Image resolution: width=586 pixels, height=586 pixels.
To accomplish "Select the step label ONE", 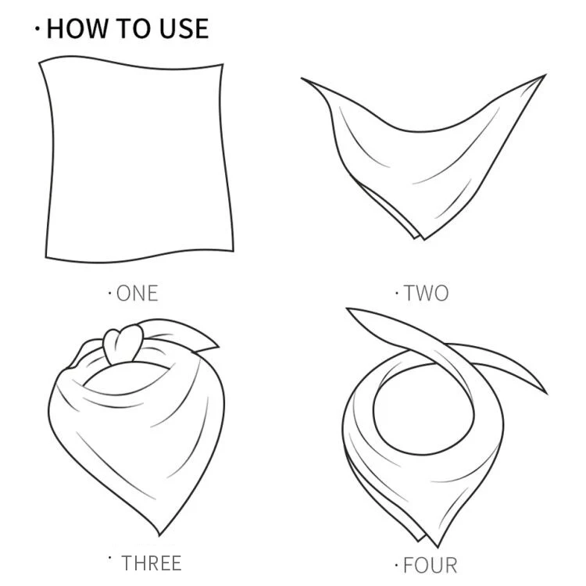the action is pyautogui.click(x=138, y=293).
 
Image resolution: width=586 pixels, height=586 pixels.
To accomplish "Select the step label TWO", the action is pyautogui.click(x=426, y=293).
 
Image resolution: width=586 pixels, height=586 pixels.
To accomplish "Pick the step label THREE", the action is pyautogui.click(x=152, y=563).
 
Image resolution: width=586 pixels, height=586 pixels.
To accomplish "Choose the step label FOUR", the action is pyautogui.click(x=431, y=566).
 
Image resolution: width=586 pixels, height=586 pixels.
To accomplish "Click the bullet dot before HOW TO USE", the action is pyautogui.click(x=37, y=28).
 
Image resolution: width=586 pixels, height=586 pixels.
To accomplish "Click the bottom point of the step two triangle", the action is pyautogui.click(x=423, y=239).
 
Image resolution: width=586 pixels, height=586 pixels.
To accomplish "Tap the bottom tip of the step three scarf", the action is pyautogui.click(x=159, y=534).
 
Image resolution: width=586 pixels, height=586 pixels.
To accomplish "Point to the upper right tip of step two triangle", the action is pyautogui.click(x=545, y=75).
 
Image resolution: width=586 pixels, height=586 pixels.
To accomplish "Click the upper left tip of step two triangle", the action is pyautogui.click(x=302, y=78).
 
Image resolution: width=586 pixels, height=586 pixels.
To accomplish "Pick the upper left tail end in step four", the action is pyautogui.click(x=348, y=309).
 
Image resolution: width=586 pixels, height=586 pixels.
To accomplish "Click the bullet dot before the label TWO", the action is pyautogui.click(x=396, y=293).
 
